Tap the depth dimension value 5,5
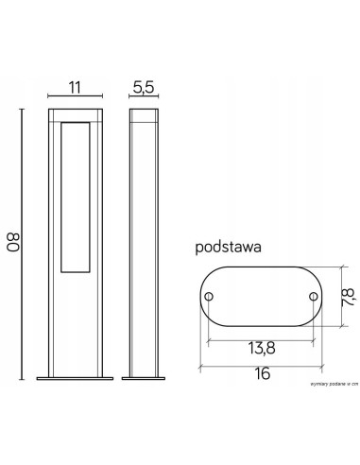[x=141, y=87]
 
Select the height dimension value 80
[x=14, y=243]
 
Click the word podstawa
[x=227, y=249]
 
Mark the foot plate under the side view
[x=142, y=381]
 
